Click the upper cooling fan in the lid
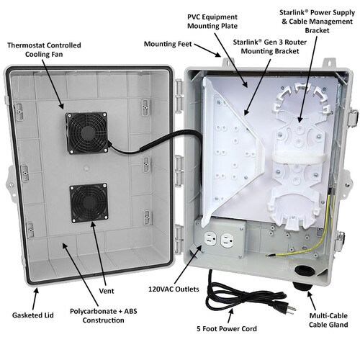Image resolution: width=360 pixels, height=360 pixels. coord(87,132)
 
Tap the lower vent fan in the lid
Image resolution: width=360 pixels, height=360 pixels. coord(89,203)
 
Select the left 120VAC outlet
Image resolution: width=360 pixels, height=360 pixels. coord(210,238)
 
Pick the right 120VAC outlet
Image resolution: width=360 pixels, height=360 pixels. coord(227,240)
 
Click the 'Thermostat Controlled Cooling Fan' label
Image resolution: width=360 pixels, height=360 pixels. coord(44,50)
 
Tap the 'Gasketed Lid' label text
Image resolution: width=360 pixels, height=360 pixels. coord(33,315)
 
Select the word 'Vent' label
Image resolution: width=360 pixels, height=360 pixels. coord(107,291)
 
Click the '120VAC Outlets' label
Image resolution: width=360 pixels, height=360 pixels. coord(174,289)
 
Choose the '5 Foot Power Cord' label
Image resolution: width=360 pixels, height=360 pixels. coord(227,328)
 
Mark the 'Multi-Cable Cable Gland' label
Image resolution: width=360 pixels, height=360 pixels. coord(328,320)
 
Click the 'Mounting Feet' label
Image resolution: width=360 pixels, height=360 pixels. coord(168,44)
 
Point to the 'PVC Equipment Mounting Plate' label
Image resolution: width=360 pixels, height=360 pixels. coord(212,22)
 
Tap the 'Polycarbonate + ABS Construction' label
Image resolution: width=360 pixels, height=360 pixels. coord(104,315)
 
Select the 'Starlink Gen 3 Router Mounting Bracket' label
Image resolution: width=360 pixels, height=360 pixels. coord(270,47)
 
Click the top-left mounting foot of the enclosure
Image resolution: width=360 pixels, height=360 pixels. coord(228,63)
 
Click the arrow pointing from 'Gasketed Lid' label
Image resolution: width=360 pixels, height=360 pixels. coord(35,299)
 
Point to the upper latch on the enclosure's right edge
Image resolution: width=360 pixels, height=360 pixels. coord(353,117)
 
